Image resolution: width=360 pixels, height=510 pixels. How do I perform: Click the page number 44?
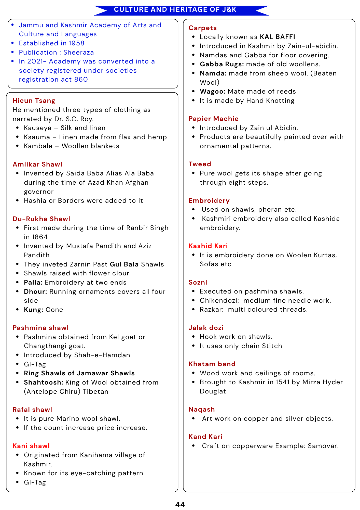coord(180,504)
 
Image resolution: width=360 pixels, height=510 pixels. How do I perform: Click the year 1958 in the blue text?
coord(76,43)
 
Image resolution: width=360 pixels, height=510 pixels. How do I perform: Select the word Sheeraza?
coord(78,52)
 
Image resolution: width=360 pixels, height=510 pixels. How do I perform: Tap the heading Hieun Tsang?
coord(34,101)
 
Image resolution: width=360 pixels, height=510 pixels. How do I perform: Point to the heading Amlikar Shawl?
coord(37,164)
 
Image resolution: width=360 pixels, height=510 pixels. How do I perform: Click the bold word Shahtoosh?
coord(44,382)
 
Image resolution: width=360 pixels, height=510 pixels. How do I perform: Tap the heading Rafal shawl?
coord(32,410)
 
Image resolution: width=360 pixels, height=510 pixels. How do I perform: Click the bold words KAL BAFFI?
coord(278,37)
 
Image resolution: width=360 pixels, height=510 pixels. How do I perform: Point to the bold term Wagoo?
coord(213,91)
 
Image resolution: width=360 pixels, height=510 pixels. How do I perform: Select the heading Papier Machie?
coord(214,119)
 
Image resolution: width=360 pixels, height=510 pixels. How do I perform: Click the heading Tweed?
coord(200,164)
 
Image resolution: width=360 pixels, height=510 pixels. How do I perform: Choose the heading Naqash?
coord(202,409)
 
